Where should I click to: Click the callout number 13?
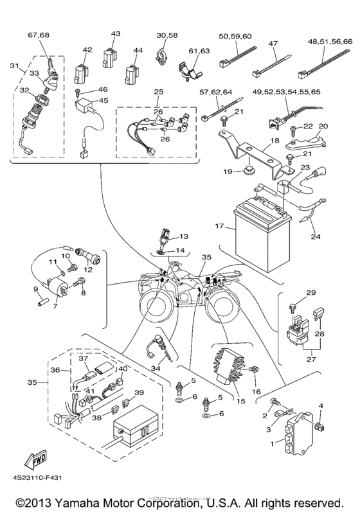pos(183,236)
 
